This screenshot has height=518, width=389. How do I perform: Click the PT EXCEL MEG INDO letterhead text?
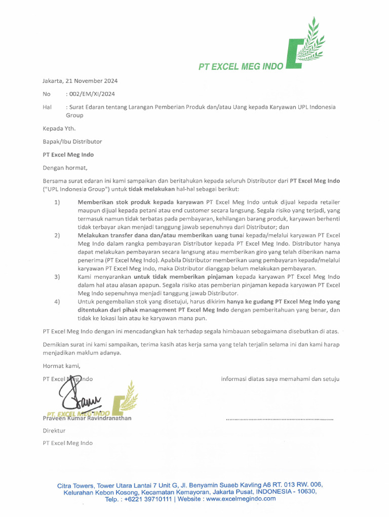tap(241, 66)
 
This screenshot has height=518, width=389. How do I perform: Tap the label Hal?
tap(47, 107)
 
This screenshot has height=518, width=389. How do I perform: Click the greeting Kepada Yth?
tap(59, 128)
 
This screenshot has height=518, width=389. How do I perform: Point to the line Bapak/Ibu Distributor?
tap(72, 142)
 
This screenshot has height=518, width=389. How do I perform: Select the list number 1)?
tap(57, 202)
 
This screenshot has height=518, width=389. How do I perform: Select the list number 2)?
tap(57, 235)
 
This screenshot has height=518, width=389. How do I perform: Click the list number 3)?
tap(57, 277)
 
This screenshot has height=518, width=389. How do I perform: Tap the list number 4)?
tap(57, 301)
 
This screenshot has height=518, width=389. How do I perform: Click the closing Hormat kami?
tap(61, 366)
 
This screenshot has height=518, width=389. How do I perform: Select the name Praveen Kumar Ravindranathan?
tap(87, 418)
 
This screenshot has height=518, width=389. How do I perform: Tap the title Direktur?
tap(54, 430)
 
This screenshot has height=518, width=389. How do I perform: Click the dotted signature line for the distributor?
tap(280, 419)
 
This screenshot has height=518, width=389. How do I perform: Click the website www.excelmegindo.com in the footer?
tap(241, 499)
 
